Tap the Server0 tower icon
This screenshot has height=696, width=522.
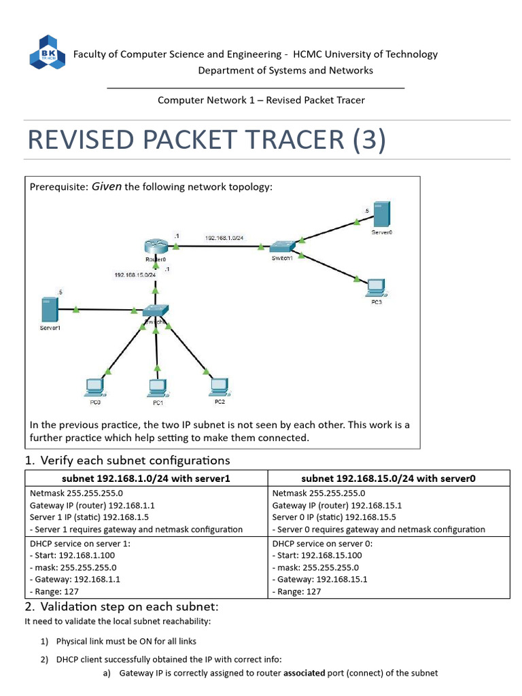pos(382,213)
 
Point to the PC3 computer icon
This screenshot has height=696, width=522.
pos(375,288)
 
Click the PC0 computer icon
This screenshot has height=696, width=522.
pos(94,387)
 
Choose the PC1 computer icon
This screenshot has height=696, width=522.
pos(158,387)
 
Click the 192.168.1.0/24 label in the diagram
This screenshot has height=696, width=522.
pos(224,238)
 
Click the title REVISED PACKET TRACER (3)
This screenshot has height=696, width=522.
pos(206,140)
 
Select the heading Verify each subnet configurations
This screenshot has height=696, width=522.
pos(135,460)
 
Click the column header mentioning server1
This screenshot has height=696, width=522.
pos(147,478)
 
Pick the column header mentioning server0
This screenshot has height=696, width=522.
pos(388,478)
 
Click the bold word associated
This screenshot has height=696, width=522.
pos(306,673)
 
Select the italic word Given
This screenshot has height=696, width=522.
pos(107,186)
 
